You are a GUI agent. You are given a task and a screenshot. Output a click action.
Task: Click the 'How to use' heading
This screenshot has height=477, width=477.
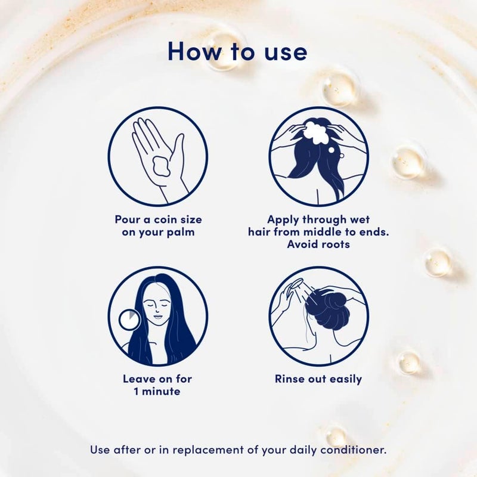(237, 51)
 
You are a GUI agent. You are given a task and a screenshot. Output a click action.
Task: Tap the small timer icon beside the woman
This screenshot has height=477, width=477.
(129, 320)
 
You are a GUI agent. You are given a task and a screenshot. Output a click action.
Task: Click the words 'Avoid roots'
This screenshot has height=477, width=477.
(318, 245)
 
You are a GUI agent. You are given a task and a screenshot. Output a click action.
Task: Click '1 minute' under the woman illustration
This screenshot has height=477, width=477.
(157, 392)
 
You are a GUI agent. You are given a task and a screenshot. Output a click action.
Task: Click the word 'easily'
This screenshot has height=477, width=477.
(343, 379)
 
